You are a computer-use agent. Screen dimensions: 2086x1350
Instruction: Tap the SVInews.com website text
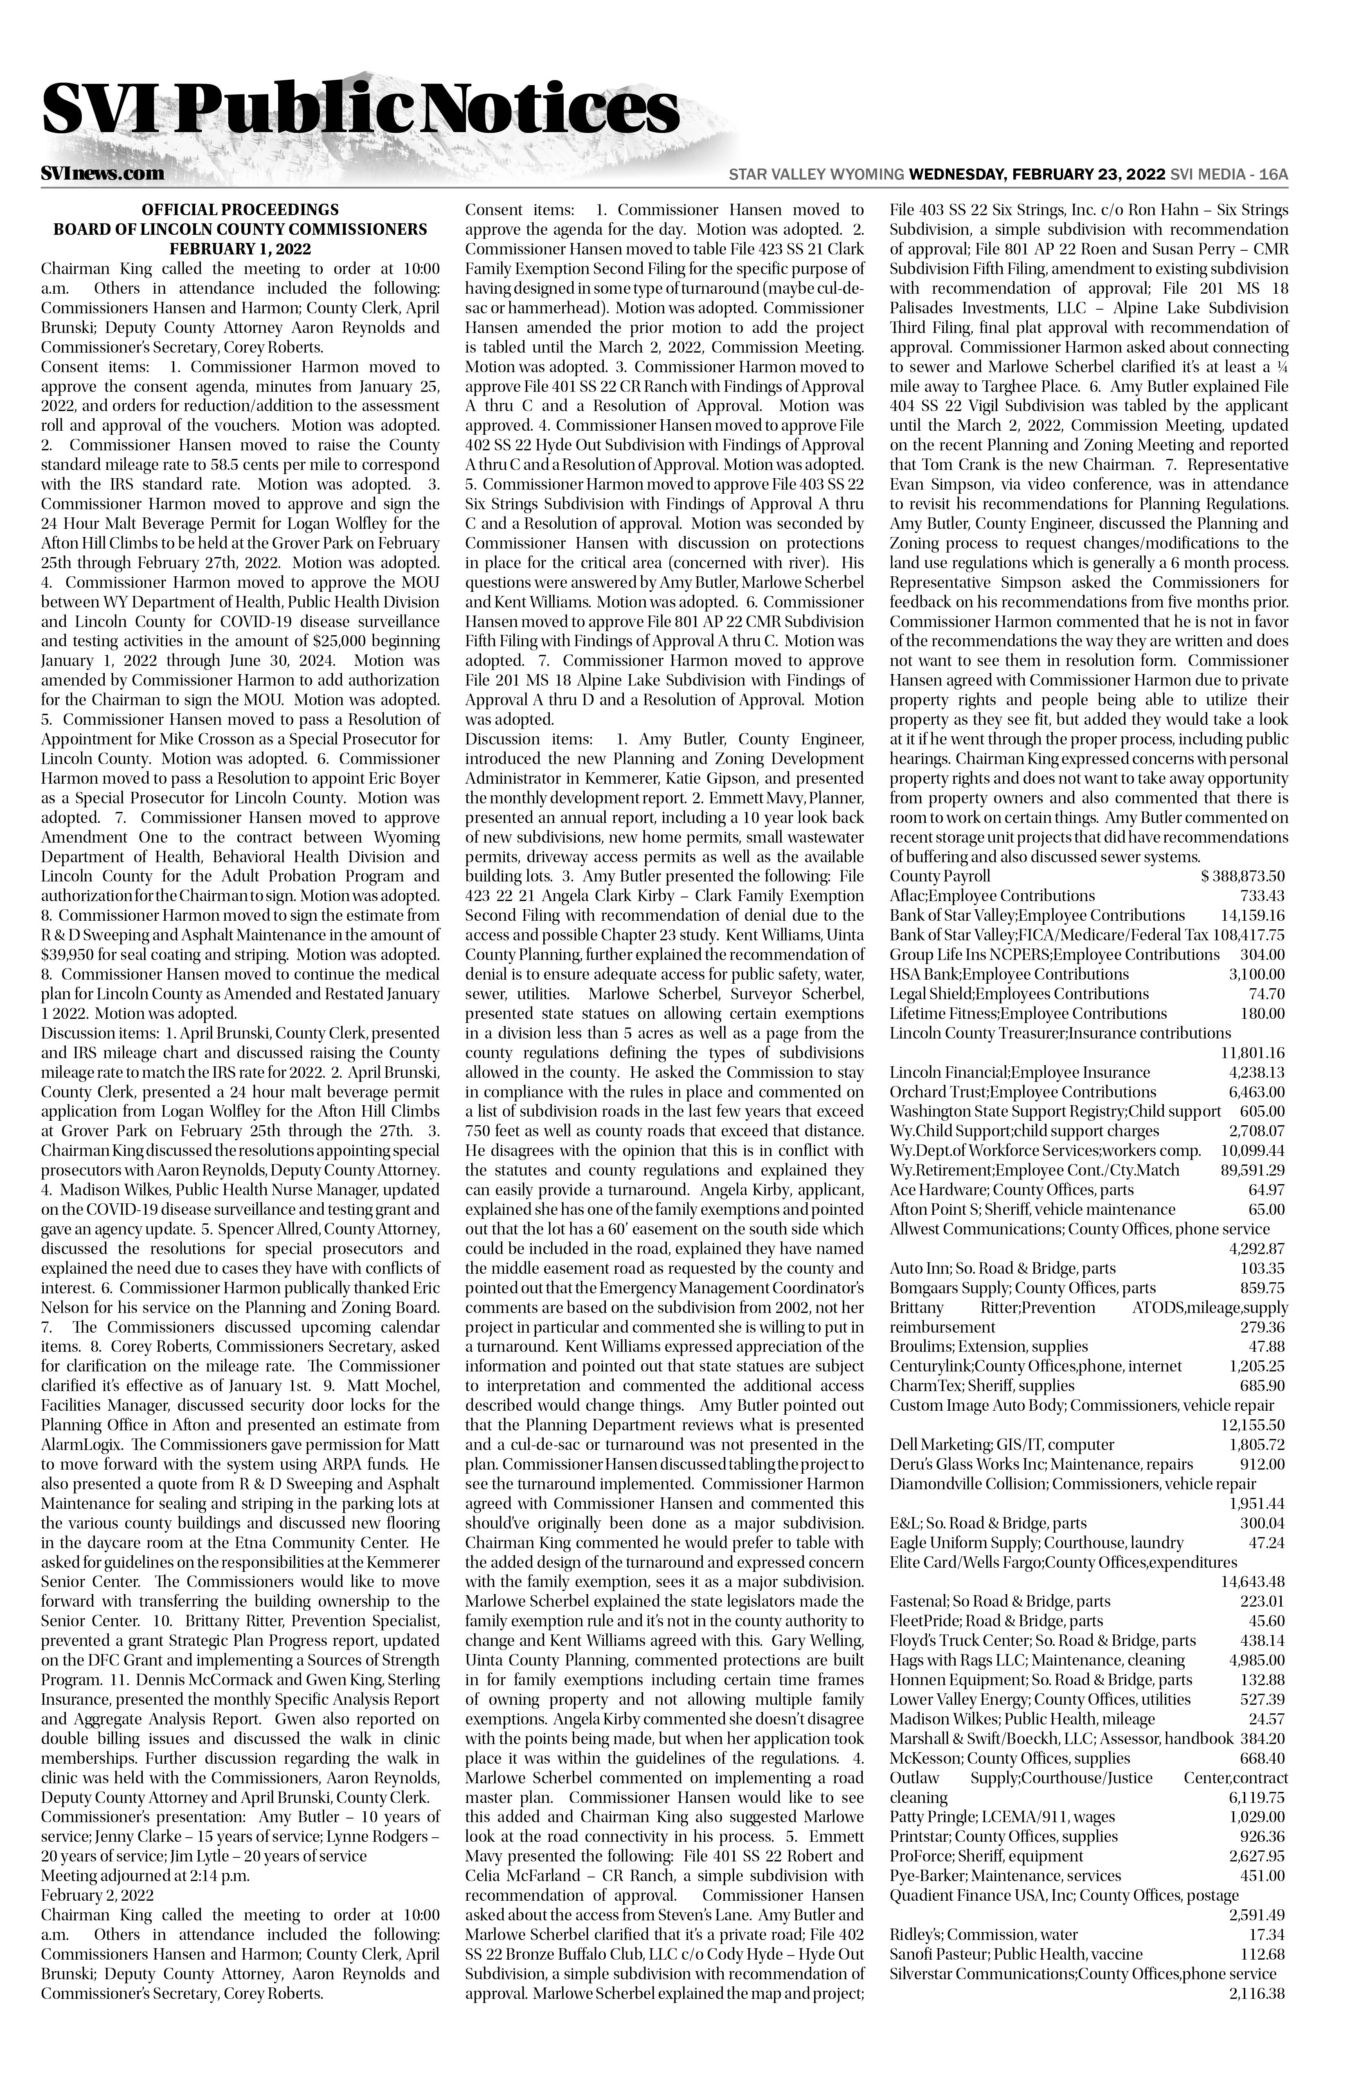point(103,173)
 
